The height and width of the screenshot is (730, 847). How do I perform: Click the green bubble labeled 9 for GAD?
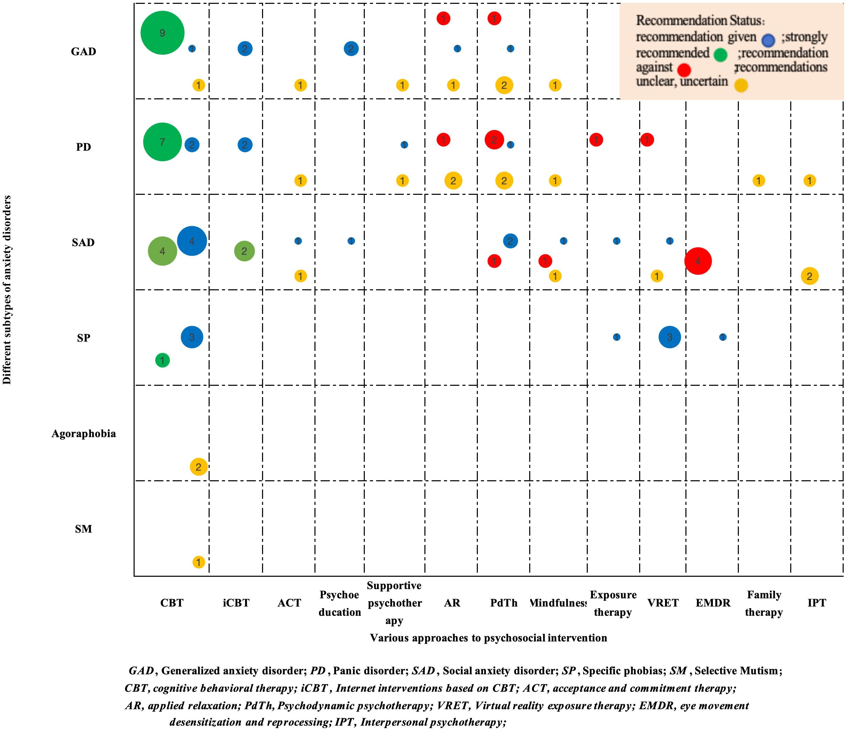click(x=162, y=33)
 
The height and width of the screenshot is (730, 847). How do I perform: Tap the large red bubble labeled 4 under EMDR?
click(x=698, y=261)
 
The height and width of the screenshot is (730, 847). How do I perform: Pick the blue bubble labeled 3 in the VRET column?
click(x=669, y=337)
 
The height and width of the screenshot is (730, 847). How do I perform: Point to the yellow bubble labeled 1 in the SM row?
click(x=199, y=562)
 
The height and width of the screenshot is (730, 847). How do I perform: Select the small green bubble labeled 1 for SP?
click(x=162, y=360)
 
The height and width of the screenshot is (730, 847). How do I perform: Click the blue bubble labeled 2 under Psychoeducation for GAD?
click(x=351, y=49)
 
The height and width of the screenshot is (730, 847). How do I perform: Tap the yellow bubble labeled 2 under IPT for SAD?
click(x=809, y=276)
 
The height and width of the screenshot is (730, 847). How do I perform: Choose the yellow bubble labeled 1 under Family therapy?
click(x=759, y=180)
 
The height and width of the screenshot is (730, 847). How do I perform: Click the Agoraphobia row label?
click(x=84, y=434)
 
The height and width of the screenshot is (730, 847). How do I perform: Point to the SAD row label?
click(x=83, y=242)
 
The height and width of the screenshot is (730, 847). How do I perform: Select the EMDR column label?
click(x=713, y=603)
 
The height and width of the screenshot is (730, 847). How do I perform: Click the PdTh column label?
click(x=504, y=603)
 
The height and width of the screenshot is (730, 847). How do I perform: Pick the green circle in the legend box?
click(x=720, y=55)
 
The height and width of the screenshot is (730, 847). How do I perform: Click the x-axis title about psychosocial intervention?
click(x=489, y=638)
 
